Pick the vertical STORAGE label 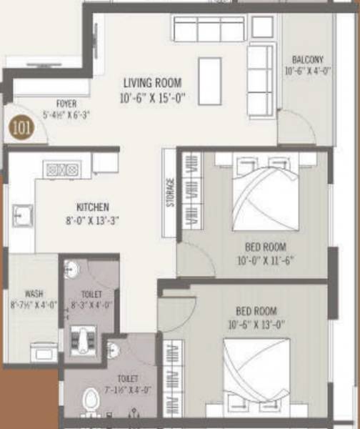[170, 192]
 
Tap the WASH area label [33, 294]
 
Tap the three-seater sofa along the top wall [209, 29]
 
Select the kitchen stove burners [61, 169]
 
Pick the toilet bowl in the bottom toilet [91, 399]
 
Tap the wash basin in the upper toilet [70, 270]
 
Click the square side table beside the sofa [262, 27]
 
